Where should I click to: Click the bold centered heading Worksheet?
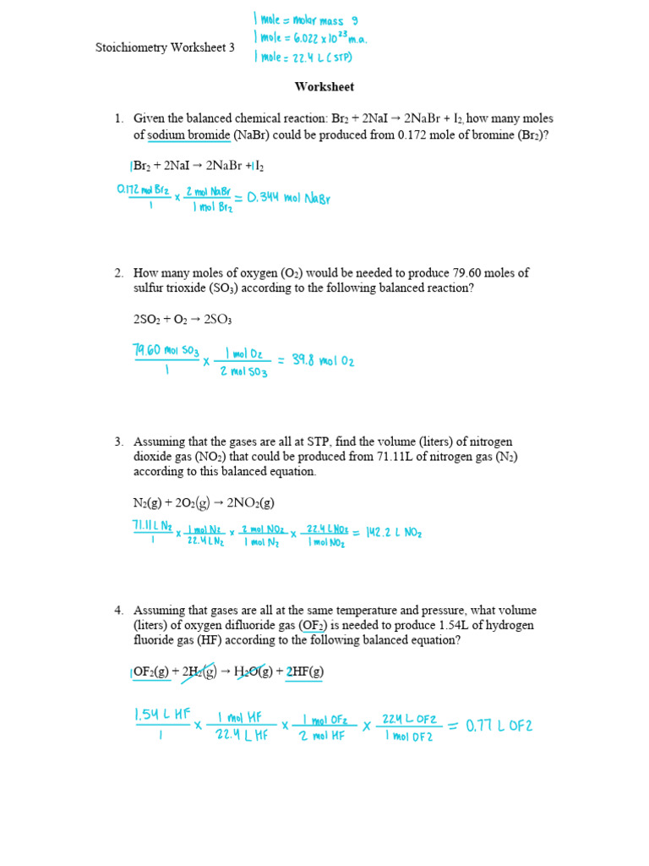coord(324,86)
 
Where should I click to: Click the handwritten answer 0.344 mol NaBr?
coord(288,199)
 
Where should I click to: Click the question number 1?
coord(119,119)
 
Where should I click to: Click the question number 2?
coord(119,272)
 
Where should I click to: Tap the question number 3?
coord(119,441)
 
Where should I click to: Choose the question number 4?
coord(119,610)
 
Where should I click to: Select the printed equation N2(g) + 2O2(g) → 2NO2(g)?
coord(204,502)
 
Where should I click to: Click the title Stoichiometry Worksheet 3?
coord(165,48)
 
